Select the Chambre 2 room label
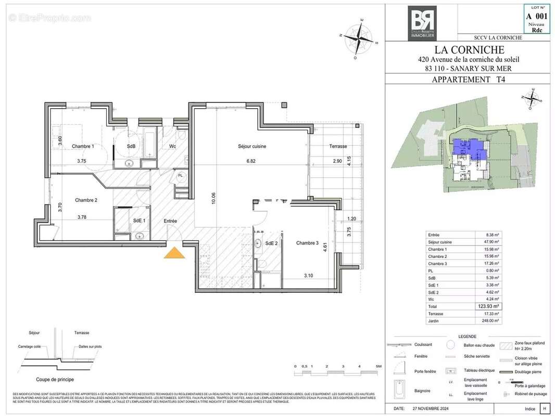[86, 200]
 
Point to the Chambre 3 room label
[307, 243]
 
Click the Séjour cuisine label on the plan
[252, 147]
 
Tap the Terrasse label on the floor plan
[338, 147]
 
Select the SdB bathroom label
[131, 147]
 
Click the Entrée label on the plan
[170, 221]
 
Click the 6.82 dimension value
[252, 161]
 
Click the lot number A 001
[537, 17]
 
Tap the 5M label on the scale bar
[379, 367]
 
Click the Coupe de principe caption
[55, 379]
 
